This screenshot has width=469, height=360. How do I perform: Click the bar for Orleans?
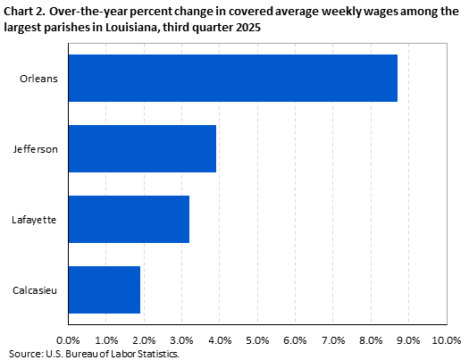pos(232,78)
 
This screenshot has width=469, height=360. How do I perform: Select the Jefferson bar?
pos(142,148)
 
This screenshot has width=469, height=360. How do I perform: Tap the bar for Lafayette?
pos(129,219)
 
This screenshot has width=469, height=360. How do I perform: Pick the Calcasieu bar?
pos(104,289)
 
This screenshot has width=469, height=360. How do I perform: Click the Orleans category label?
pos(39,78)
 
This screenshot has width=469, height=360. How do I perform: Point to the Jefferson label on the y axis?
pos(37,148)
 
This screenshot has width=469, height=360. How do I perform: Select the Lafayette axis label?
pos(37,219)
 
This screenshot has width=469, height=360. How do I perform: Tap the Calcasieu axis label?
pos(37,289)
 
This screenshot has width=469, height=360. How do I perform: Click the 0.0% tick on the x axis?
pos(68,340)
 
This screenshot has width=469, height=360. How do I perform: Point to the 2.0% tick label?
pos(144,340)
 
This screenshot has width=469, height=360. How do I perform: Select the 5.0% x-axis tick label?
pos(257,340)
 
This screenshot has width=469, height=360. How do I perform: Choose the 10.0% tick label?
pos(445,340)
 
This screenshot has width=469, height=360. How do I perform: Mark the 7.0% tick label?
pos(333,340)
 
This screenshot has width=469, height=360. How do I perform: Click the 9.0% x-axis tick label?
pos(408,340)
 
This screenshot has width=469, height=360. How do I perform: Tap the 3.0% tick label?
pos(181,340)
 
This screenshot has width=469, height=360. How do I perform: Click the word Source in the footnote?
pos(24,354)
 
